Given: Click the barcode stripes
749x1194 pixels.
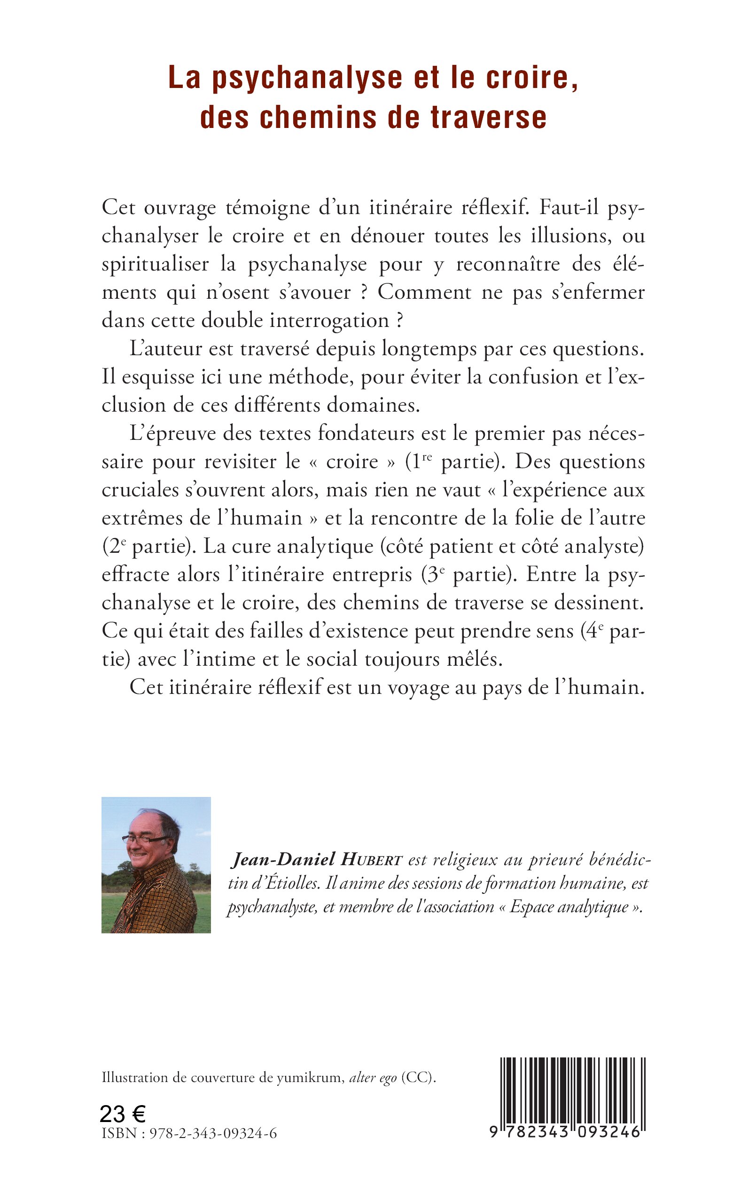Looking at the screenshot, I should click(x=573, y=1091).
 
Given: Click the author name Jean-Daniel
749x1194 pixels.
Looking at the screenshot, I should click(x=283, y=860).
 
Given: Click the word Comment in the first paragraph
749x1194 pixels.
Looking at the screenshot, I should click(x=424, y=292).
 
